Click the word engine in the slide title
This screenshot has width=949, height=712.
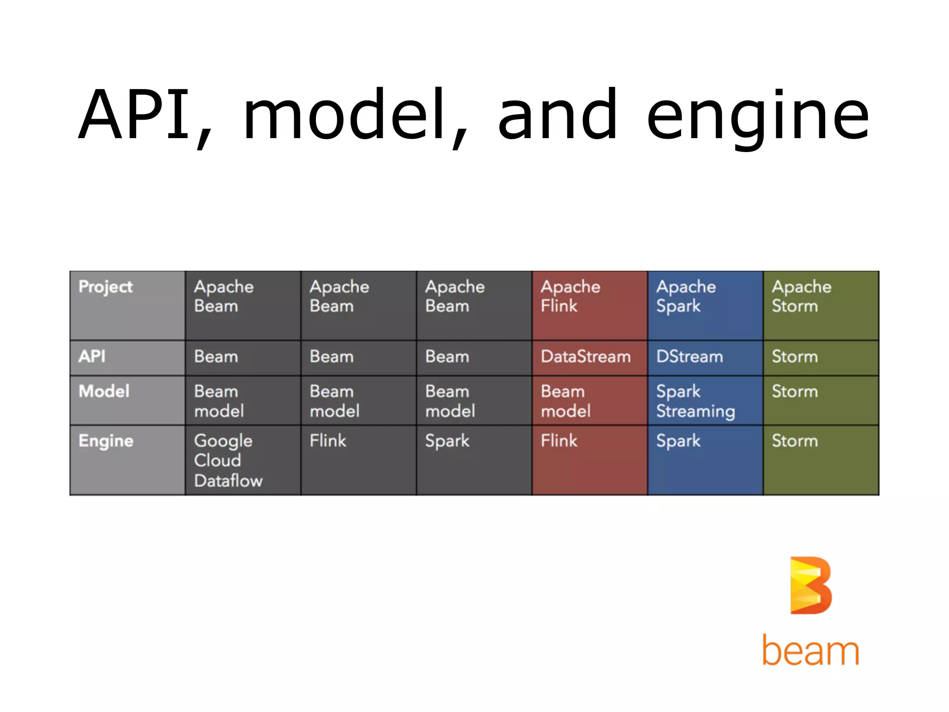[758, 116]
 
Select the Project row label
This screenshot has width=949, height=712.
[106, 287]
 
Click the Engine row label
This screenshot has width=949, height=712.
[106, 441]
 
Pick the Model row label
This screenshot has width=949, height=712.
[104, 391]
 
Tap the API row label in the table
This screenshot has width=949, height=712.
[92, 356]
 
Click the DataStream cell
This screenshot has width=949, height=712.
[586, 356]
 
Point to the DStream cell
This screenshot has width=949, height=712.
[690, 356]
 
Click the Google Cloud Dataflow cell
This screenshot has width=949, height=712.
[228, 460]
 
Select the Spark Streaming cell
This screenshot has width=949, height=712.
[696, 401]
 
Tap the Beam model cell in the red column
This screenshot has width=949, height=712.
[566, 401]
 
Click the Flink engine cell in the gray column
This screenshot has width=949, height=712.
[328, 440]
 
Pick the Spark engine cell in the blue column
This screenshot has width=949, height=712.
[679, 441]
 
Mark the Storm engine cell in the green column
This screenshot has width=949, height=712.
[795, 441]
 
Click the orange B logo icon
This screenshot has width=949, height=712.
[811, 585]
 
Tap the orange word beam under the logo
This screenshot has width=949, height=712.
[811, 651]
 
